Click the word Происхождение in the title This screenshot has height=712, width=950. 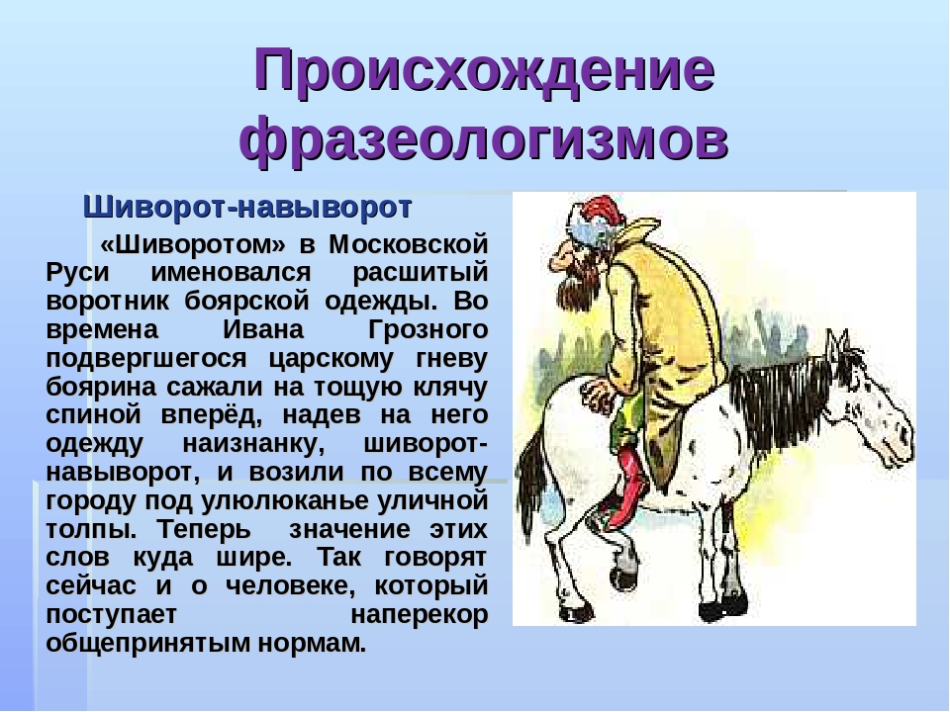click(x=484, y=70)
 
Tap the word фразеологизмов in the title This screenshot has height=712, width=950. click(x=484, y=140)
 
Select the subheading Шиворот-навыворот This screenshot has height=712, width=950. click(x=247, y=207)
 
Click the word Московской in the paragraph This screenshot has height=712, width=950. click(x=409, y=244)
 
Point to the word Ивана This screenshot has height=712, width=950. click(x=263, y=330)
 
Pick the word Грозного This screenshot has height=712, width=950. click(x=427, y=331)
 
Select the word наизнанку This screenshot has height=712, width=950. click(x=254, y=445)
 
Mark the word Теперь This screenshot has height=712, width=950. click(x=204, y=529)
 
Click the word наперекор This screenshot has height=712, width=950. click(x=420, y=615)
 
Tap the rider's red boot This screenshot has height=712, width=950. click(x=630, y=486)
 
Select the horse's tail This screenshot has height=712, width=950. click(x=530, y=485)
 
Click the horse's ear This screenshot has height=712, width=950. click(x=838, y=345)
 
